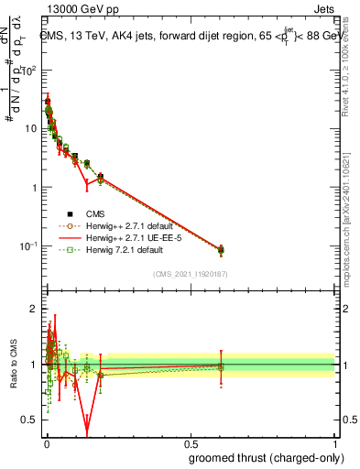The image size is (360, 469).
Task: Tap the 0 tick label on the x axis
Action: tap(46, 443)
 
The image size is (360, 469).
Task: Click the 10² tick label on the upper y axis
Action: tap(28, 70)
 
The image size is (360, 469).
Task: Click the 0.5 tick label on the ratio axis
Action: tap(31, 420)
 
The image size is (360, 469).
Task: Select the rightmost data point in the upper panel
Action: tap(221, 249)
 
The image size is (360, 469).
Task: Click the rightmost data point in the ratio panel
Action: tap(221, 366)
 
